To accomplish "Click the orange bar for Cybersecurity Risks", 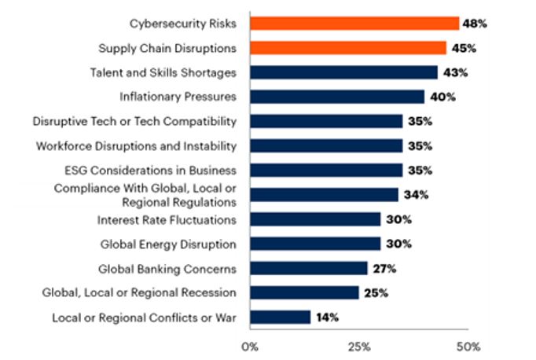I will [354, 24].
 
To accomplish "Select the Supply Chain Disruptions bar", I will [347, 48].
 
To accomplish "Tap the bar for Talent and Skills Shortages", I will [343, 72].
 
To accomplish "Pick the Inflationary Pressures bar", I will [336, 97].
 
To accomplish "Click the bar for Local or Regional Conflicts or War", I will [280, 317].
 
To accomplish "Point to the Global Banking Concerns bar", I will [308, 268].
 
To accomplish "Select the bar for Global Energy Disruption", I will [314, 244].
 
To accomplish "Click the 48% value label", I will [475, 24].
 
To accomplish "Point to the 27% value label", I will [384, 268].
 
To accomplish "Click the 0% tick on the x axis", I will [249, 346].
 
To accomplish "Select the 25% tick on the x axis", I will [358, 346].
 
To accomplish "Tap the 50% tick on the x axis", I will [468, 346].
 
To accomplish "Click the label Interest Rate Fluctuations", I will [167, 219].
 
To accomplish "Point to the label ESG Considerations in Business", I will [150, 170].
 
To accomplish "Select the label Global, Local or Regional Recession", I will [139, 292].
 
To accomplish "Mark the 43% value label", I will [455, 72].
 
